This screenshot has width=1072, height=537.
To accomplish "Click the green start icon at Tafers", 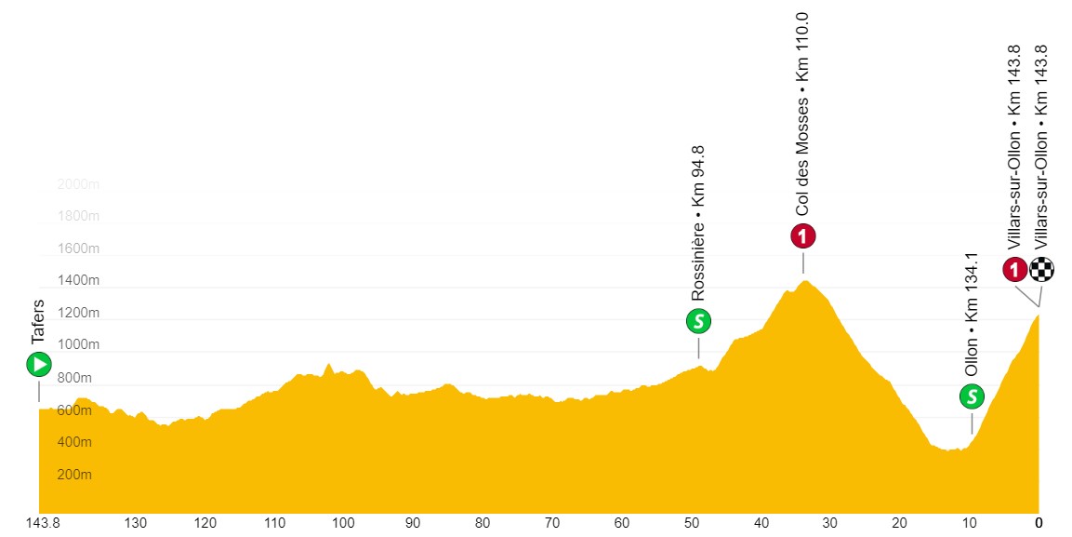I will [x=39, y=364].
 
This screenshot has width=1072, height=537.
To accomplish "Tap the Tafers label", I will [x=39, y=322].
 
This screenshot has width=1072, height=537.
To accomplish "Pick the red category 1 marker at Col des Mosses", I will [x=803, y=236].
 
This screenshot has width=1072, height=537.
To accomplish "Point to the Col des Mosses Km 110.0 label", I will [x=803, y=115].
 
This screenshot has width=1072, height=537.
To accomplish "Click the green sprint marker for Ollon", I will [x=972, y=397].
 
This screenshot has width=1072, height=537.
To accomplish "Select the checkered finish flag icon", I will [x=1041, y=270].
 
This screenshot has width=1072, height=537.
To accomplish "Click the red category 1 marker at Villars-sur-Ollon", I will [x=1014, y=270].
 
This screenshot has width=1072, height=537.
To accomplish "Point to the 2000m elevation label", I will [x=78, y=184].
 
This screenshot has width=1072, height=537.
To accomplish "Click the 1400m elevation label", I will [x=78, y=281].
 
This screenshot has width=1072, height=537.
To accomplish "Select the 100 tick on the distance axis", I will [x=343, y=522].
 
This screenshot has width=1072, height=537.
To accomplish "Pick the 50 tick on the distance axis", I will [x=691, y=522].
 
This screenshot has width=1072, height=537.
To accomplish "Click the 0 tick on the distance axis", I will [x=1039, y=522].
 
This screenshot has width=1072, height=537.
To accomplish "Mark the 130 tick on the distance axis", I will [x=136, y=522].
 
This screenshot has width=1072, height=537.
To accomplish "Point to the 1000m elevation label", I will [x=78, y=345].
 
